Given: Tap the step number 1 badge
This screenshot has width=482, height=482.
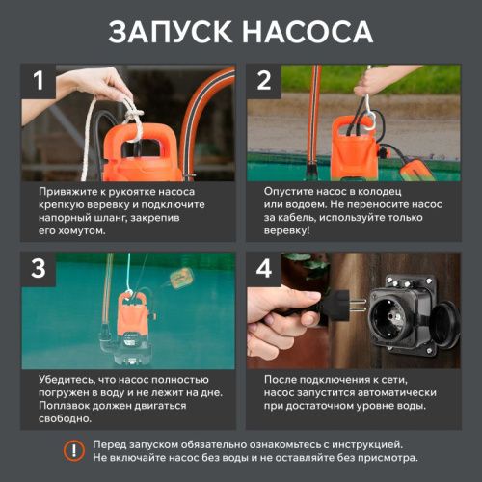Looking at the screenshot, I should [39, 81].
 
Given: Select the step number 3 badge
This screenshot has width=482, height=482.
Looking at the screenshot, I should [39, 269].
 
